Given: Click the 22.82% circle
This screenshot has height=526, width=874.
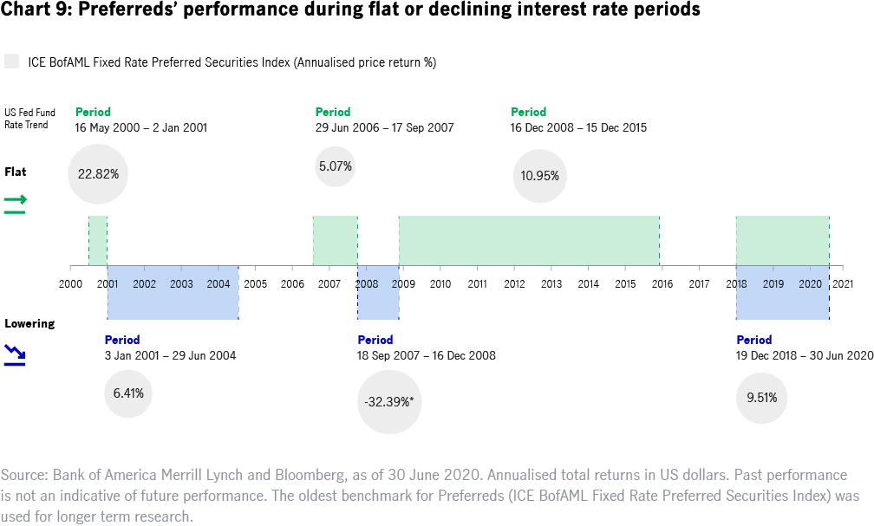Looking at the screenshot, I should pos(98,174).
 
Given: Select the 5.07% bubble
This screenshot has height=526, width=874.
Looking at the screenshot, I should pos(335,166).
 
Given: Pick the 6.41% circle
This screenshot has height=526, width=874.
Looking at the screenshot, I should pos(128,393).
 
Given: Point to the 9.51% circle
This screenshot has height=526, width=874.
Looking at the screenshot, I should pos(762,399).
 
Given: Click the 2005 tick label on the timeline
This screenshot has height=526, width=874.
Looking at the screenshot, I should pos(255,283).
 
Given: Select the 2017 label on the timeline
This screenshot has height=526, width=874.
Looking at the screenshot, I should pos(699,283).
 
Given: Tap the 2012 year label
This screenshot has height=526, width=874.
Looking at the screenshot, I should pos(514,283).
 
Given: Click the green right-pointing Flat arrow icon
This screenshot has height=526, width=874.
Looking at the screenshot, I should pos(16,203).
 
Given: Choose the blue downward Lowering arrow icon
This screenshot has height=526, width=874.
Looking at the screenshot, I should pos(14,354).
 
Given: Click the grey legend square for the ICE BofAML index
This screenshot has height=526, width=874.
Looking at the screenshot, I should pos(11,62).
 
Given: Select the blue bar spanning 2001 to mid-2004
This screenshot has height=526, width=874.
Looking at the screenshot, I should pos(173,293).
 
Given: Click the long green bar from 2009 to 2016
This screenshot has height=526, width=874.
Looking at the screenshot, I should pos(529,240).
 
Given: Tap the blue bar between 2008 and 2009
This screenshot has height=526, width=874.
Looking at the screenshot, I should pos(378,293).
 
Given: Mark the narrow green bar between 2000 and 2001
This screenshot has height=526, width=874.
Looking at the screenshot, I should pos(98,240).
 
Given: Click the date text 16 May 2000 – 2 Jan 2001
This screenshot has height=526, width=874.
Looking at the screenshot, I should pos(141,127).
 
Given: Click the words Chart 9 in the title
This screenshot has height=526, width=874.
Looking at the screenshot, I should pos(28,11).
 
